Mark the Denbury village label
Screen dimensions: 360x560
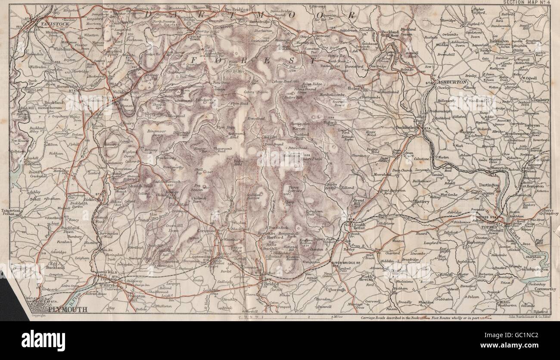point(541,100)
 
